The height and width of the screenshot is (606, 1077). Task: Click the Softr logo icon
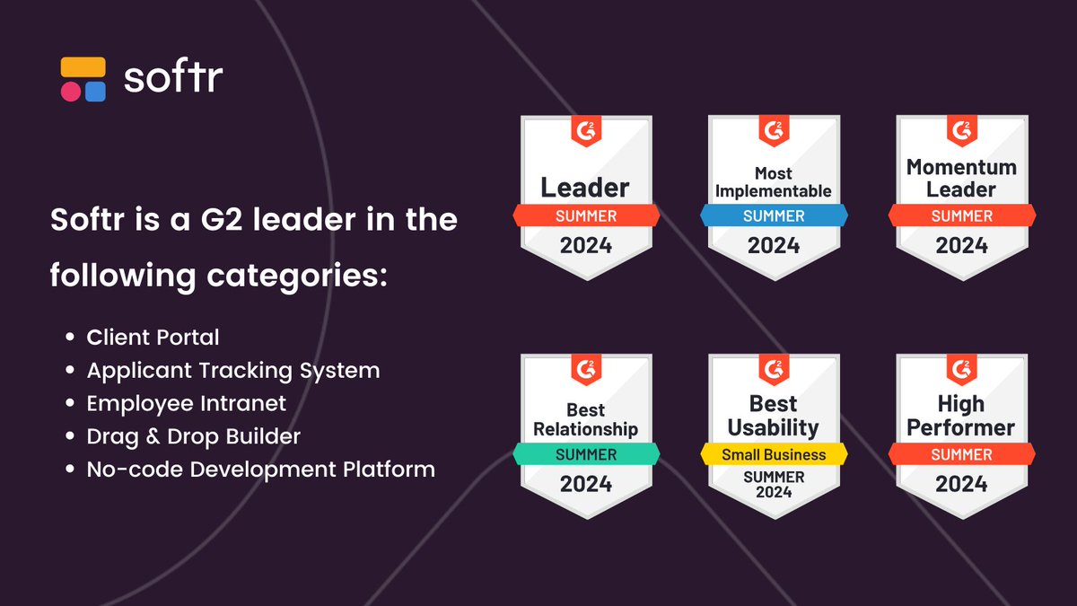[x=83, y=79]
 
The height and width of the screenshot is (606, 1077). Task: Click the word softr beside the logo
[x=173, y=77]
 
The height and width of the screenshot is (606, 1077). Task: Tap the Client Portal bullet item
[x=153, y=338]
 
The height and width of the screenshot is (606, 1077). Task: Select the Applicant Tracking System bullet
[x=233, y=370]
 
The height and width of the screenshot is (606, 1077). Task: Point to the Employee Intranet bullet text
[x=187, y=403]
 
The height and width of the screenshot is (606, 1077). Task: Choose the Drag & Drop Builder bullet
[x=194, y=436]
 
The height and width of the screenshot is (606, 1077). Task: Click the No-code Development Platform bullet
[x=261, y=469]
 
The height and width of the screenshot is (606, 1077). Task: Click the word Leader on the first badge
[x=585, y=188]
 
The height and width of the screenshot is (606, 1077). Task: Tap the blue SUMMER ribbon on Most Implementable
[x=773, y=215]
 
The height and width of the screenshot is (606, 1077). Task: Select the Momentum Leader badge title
[x=961, y=178]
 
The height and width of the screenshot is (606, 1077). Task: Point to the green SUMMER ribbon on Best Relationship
[x=585, y=454]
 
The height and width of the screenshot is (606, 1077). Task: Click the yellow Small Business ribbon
[x=774, y=454]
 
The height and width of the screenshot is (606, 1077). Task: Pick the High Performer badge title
[x=961, y=416]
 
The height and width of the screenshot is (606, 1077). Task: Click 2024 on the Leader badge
[x=585, y=245]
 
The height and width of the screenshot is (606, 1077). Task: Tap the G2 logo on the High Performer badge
[x=961, y=368]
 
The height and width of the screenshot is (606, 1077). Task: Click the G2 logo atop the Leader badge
[x=585, y=130]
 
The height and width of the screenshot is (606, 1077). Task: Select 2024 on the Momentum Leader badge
[x=961, y=245]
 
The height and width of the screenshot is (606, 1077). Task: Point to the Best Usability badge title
[x=774, y=416]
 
